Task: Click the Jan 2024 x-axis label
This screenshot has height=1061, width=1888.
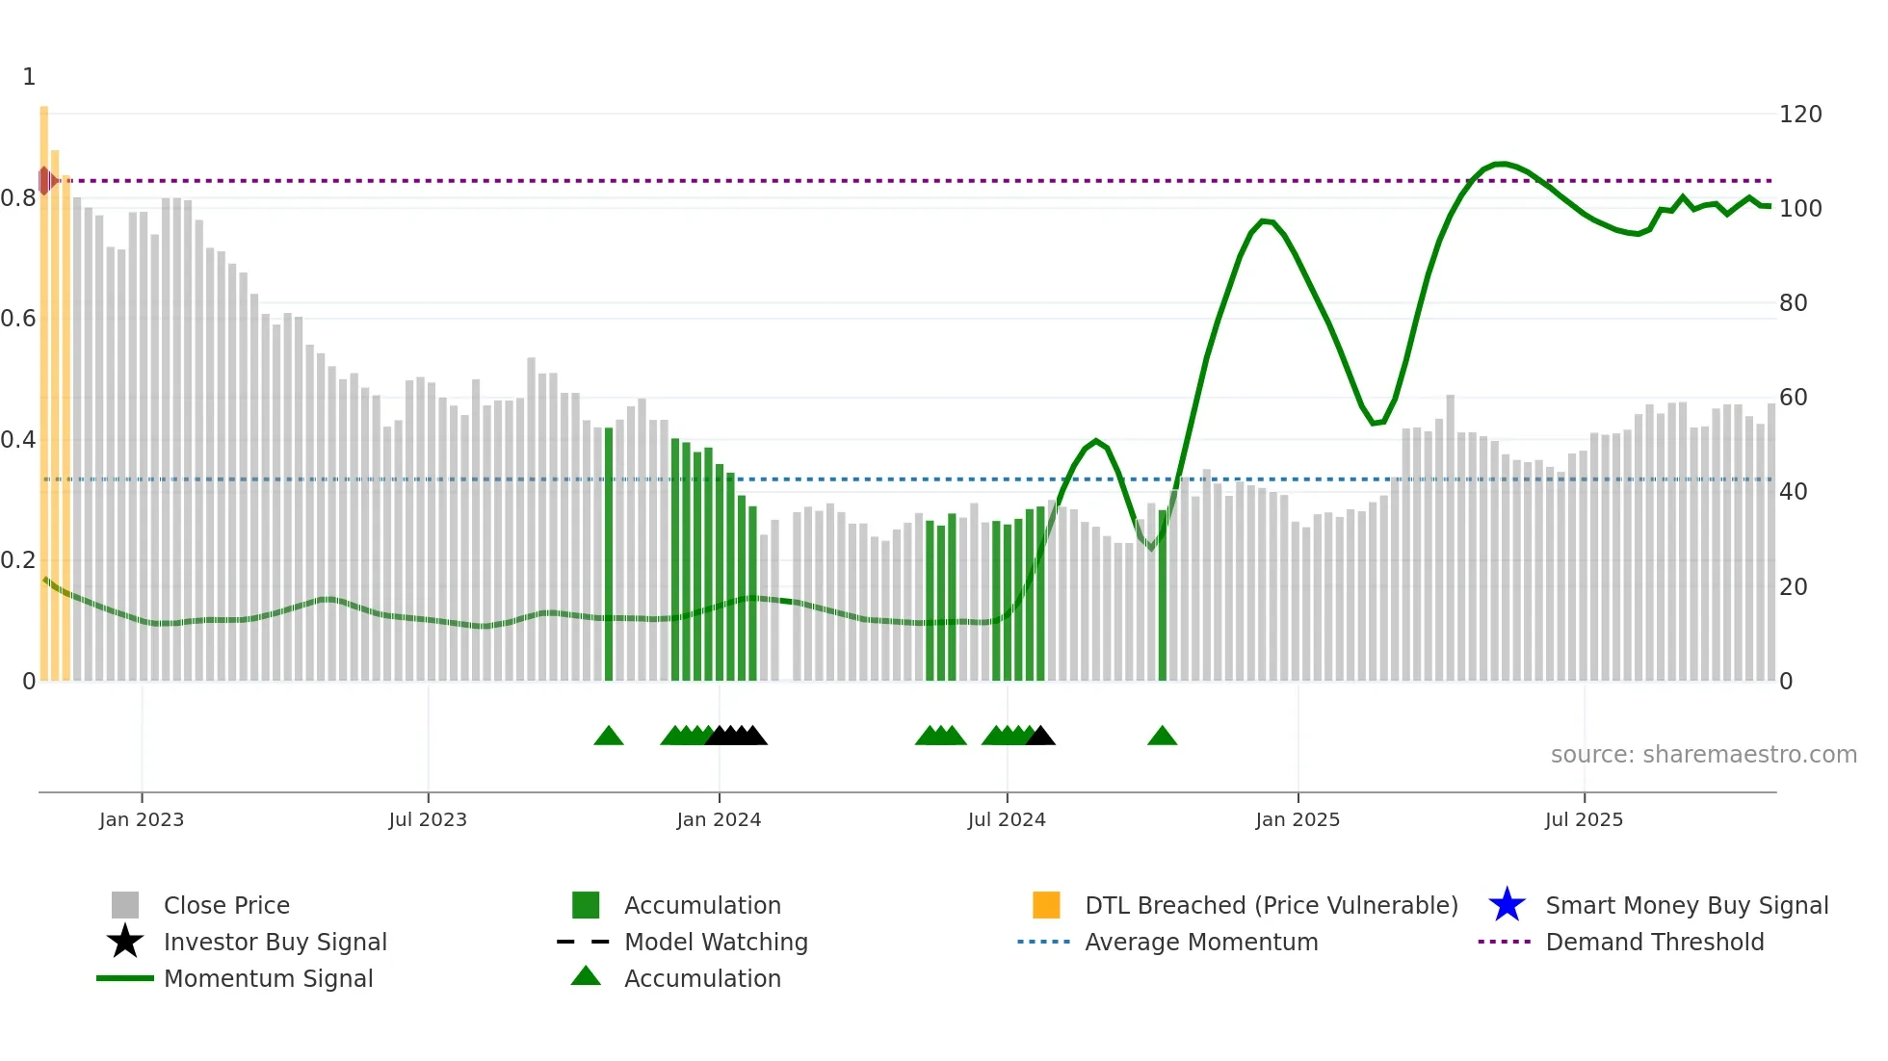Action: click(719, 819)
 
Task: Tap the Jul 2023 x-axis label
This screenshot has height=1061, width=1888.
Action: click(428, 819)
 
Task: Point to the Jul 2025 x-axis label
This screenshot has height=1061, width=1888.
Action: click(1584, 819)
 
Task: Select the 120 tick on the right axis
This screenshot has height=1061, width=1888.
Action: click(1799, 115)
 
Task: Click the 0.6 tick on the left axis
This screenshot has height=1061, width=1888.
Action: click(19, 319)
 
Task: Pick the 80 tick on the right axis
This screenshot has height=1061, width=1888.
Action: click(1793, 303)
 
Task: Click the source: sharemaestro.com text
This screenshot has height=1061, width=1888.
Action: click(1703, 755)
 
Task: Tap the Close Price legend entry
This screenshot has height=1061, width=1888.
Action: click(226, 906)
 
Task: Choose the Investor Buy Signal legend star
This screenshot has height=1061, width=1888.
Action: click(125, 942)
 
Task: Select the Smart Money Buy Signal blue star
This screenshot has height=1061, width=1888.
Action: click(1507, 905)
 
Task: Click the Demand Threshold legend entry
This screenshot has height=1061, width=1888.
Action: click(1654, 943)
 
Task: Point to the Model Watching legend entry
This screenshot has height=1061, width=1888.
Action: click(715, 943)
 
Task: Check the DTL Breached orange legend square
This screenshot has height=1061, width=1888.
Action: click(1046, 905)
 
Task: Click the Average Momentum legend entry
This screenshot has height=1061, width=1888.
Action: click(1200, 943)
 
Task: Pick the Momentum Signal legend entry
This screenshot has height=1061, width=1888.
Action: click(268, 979)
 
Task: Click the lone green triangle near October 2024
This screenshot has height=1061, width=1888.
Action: click(1162, 737)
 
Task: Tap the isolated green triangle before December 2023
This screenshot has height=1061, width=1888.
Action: click(608, 737)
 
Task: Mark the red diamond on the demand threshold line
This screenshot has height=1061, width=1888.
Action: click(44, 180)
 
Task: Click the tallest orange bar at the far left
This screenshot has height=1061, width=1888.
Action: click(43, 385)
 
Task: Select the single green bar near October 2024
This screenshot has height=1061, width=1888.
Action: click(1162, 597)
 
